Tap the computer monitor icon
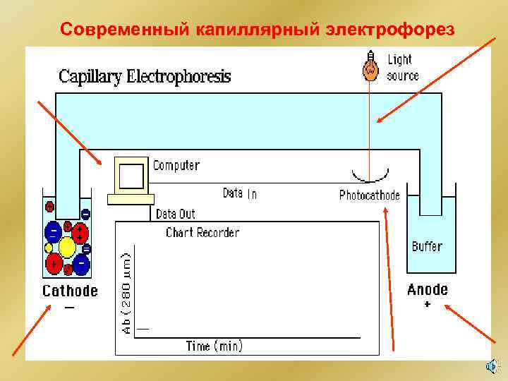click(131, 176)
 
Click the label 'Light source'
click(402, 68)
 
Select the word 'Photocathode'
click(369, 195)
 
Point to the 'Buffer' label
click(427, 246)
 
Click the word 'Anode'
click(428, 289)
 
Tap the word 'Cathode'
click(71, 291)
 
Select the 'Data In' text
click(240, 193)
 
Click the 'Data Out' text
click(175, 213)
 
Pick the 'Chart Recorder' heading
click(202, 232)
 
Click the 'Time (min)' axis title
click(214, 346)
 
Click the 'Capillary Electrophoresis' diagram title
click(145, 76)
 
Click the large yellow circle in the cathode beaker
click(68, 248)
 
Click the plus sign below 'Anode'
click(428, 305)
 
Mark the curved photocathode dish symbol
click(369, 176)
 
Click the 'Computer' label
click(176, 166)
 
